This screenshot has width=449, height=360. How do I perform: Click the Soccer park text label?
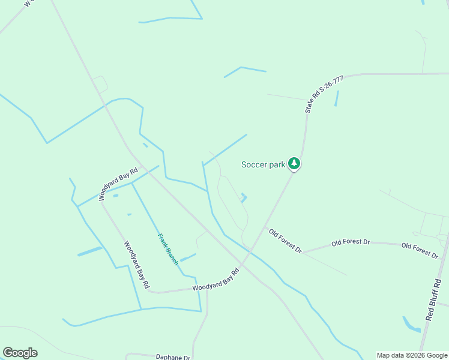(263, 164)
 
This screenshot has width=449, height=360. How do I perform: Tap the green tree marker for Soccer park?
(294, 163)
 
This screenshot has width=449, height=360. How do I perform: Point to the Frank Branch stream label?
(167, 250)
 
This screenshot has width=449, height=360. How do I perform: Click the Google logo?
(20, 353)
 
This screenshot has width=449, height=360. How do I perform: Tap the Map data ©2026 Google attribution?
(412, 355)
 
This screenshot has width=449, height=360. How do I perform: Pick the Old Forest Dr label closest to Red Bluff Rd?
(420, 250)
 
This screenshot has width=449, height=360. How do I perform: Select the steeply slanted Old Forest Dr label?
(285, 241)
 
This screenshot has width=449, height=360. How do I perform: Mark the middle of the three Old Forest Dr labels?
(351, 242)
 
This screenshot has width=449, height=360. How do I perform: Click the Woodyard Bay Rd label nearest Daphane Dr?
(215, 280)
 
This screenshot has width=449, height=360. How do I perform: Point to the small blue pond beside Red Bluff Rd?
(411, 325)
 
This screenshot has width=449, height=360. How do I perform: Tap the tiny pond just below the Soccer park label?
(244, 197)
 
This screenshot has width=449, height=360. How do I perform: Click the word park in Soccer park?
(276, 164)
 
